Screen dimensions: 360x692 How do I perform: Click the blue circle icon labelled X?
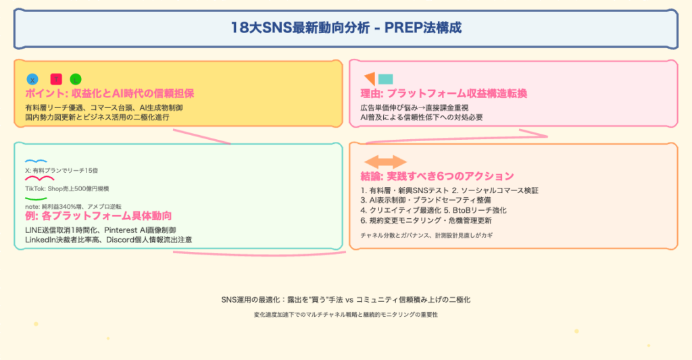point(32,79)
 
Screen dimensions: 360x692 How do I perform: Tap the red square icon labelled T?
point(56,78)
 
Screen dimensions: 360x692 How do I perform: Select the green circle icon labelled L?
point(76,79)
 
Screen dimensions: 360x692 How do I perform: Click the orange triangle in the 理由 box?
point(370,78)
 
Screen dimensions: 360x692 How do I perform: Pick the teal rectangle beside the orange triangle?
point(386,79)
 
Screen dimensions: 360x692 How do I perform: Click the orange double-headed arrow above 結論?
point(386,161)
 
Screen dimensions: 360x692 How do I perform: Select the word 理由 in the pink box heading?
point(371,93)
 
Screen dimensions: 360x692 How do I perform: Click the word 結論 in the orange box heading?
point(371,176)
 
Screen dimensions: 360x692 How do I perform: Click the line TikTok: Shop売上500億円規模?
point(67,188)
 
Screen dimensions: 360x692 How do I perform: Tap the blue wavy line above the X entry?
point(36,161)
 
